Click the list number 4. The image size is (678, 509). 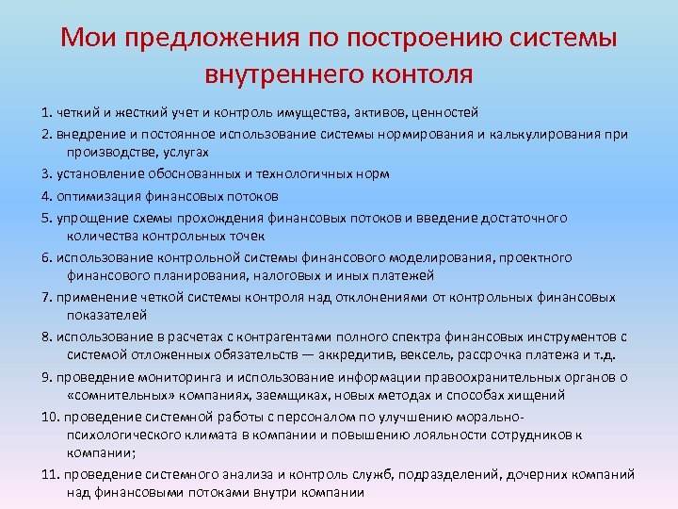point(46,196)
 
